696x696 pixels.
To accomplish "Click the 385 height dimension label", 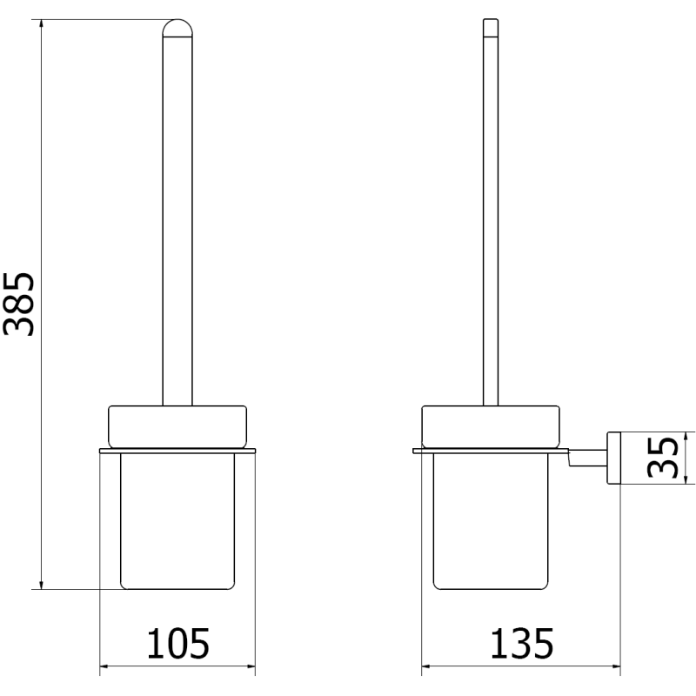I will pos(19,303).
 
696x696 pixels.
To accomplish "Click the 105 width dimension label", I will pos(177,644).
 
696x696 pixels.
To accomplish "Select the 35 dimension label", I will pos(663,458).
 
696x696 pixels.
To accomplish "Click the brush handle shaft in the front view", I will pos(177,217).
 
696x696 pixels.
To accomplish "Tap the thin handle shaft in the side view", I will pos(490,217).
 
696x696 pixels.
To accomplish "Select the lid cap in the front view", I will pos(177,426).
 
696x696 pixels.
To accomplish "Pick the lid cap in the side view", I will pos(490,426).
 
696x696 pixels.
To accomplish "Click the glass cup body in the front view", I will pos(177,522).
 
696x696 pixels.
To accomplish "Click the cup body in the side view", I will pos(490,522).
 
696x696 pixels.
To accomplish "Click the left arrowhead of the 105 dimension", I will pos(104,670).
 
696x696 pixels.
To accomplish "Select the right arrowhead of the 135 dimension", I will pos(615,670).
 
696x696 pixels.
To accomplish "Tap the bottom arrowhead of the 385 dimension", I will pos(41,584).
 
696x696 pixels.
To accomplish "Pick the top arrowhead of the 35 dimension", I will pos(686,436).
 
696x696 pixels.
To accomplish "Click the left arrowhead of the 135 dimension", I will pos(427,670).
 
